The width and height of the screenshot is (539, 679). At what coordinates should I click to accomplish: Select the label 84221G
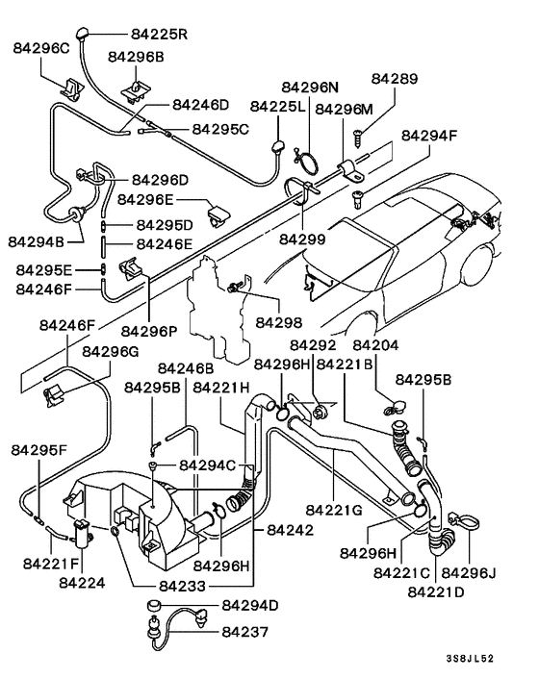[335, 510]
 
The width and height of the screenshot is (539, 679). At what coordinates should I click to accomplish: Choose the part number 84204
[375, 345]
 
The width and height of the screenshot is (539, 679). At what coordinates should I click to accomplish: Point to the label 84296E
[146, 200]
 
